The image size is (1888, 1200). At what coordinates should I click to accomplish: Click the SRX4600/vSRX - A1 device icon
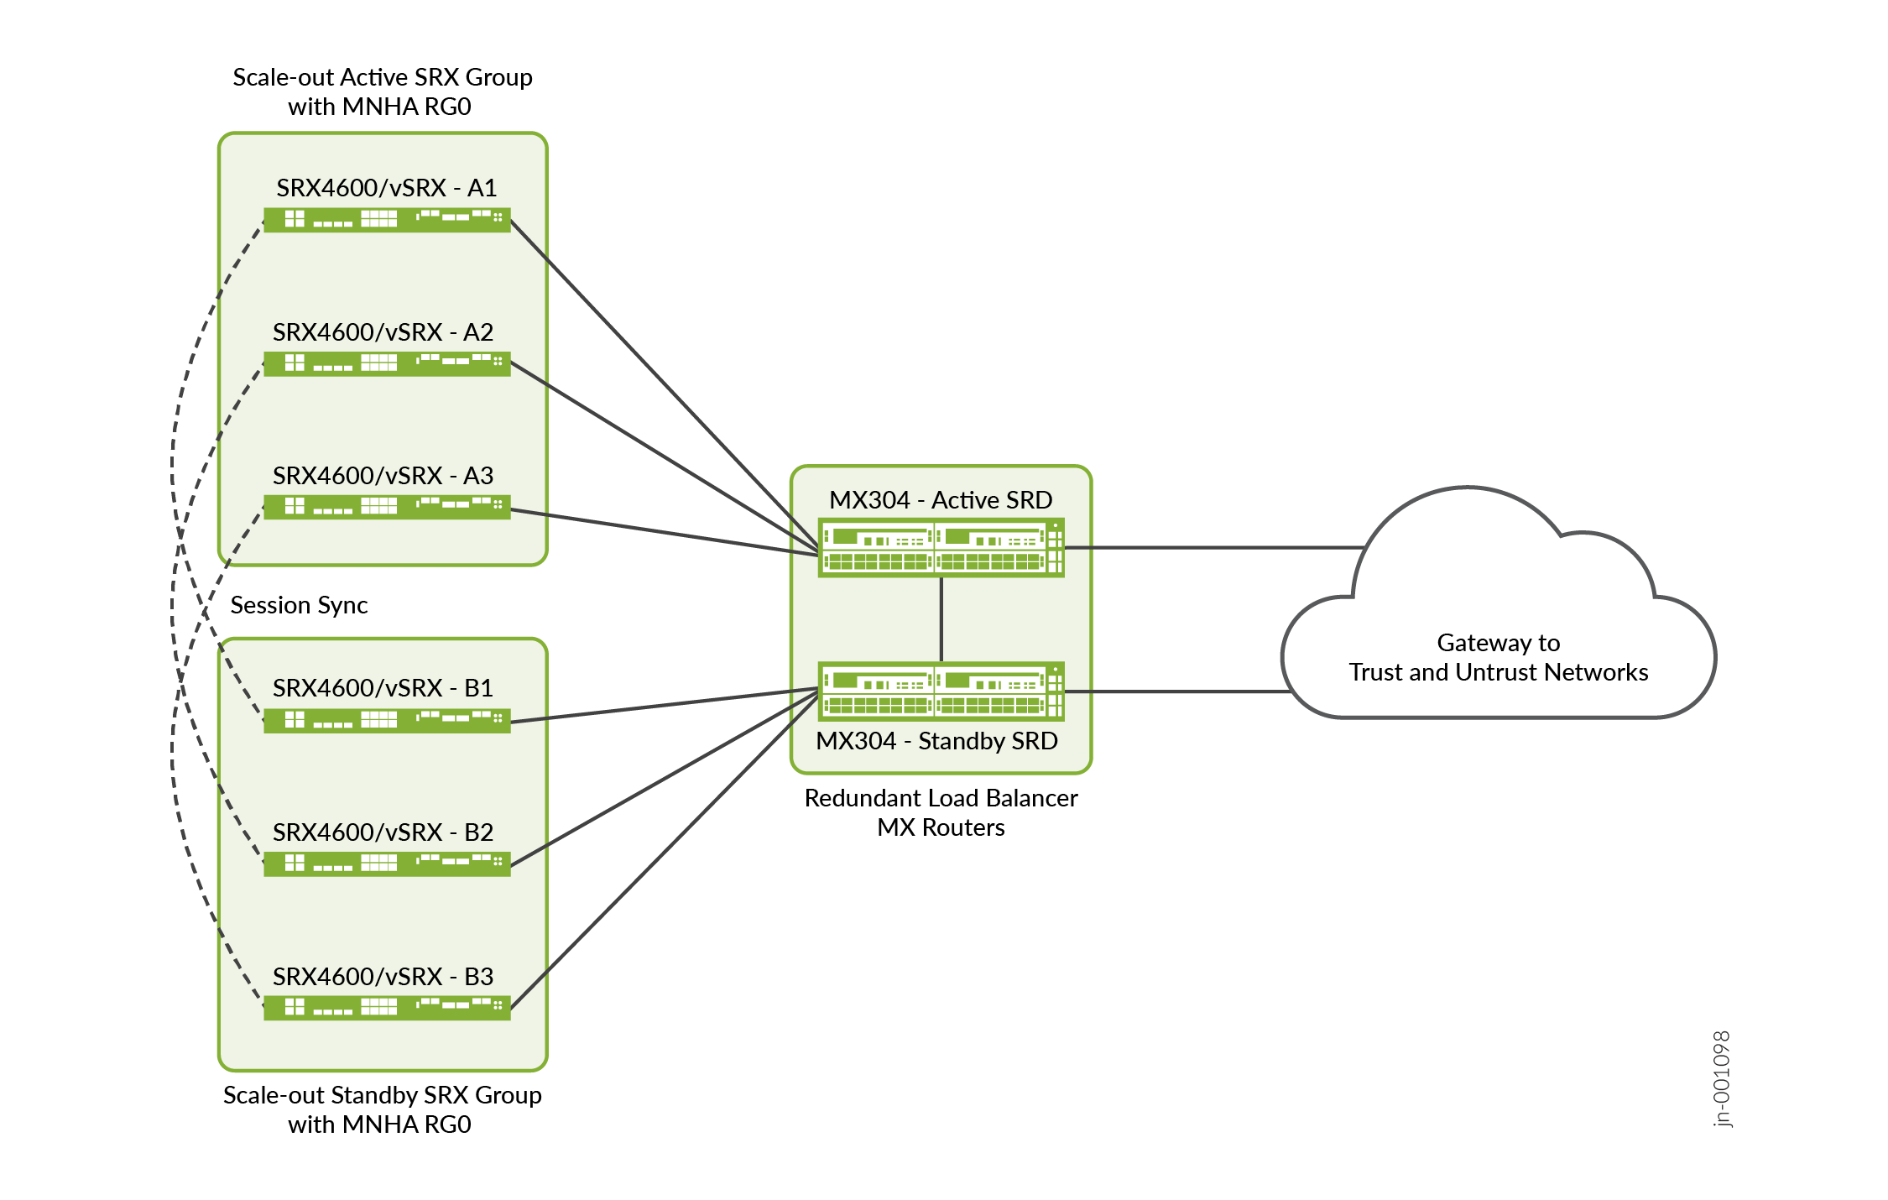point(387,220)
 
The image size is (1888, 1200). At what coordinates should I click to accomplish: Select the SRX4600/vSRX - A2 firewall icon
point(387,363)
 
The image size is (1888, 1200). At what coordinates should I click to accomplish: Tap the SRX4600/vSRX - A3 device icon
point(387,507)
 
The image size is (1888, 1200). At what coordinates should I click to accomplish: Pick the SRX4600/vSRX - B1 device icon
point(387,720)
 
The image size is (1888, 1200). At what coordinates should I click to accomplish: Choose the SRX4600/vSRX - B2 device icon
point(387,863)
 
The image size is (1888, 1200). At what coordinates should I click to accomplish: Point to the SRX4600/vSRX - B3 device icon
point(387,1008)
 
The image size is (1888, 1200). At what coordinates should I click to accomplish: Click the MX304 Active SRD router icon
point(941,548)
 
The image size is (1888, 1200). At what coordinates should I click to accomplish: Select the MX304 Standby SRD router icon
point(941,691)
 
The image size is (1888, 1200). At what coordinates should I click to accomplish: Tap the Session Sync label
point(299,605)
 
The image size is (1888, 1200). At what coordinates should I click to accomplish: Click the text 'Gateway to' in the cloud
point(1498,643)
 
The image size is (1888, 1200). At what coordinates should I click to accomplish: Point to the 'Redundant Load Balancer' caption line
point(941,798)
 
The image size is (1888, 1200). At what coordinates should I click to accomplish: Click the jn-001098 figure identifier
point(1721,1079)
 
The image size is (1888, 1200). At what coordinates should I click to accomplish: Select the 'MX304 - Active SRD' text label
point(941,500)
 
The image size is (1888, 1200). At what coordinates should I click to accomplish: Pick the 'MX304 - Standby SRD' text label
point(936,741)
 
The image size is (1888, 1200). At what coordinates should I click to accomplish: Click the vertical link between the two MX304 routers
point(941,619)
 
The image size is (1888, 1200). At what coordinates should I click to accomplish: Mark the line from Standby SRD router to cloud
point(1175,691)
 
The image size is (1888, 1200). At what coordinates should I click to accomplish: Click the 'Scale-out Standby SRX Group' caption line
point(382,1095)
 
